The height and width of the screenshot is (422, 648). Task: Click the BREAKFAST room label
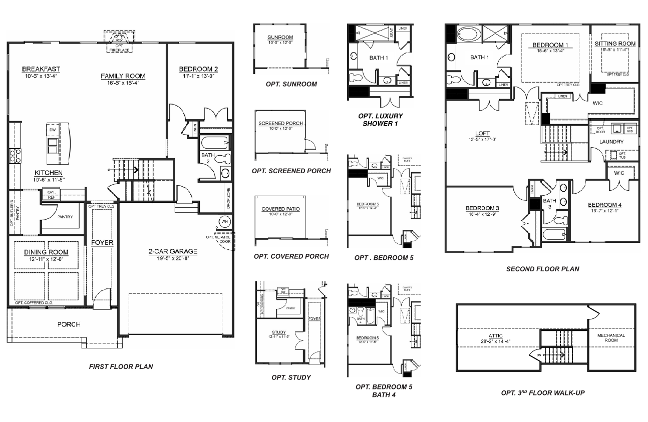pyautogui.click(x=41, y=69)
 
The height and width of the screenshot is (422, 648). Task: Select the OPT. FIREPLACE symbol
pyautogui.click(x=119, y=40)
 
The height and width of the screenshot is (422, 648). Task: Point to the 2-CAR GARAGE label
pyautogui.click(x=172, y=252)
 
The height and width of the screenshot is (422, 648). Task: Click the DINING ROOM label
pyautogui.click(x=46, y=252)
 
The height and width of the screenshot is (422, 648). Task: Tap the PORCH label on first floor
pyautogui.click(x=69, y=324)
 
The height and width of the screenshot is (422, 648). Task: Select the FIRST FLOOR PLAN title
pyautogui.click(x=121, y=366)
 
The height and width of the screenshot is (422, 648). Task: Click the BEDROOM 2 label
pyautogui.click(x=200, y=69)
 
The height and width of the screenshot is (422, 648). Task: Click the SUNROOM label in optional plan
pyautogui.click(x=280, y=38)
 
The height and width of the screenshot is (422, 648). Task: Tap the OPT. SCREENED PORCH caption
pyautogui.click(x=291, y=171)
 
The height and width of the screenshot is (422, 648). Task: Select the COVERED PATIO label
pyautogui.click(x=280, y=209)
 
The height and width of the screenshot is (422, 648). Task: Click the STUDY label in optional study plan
pyautogui.click(x=279, y=332)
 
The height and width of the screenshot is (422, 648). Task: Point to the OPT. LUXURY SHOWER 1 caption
pyautogui.click(x=380, y=119)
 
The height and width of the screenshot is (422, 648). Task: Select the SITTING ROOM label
pyautogui.click(x=615, y=44)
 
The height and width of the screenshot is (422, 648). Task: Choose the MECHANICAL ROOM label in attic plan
pyautogui.click(x=610, y=337)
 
